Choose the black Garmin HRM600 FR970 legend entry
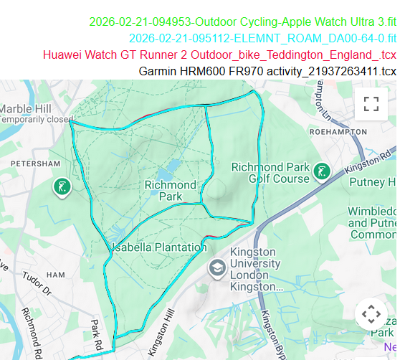267,71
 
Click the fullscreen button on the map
371,104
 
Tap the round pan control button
371,313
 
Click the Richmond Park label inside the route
171,190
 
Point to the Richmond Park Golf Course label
270,173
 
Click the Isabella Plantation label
156,247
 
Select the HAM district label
55,275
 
